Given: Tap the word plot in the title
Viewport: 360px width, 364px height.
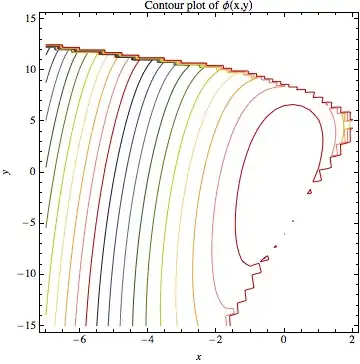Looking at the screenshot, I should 174,7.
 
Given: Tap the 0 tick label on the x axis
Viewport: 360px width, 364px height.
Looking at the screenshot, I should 285,340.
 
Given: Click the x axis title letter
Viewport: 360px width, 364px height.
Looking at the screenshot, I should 199,356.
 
